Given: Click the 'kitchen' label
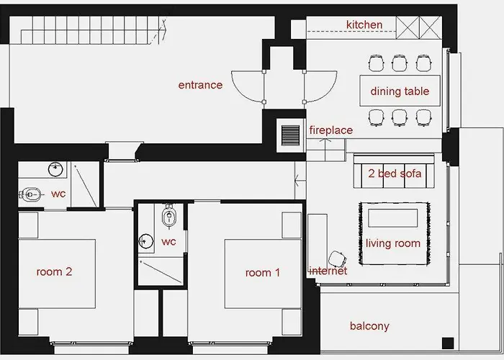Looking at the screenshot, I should click(364, 25).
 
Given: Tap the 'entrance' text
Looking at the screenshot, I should click(200, 85).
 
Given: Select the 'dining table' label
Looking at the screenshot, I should click(400, 91).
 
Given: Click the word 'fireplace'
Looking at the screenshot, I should click(330, 130).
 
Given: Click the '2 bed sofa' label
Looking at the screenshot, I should click(394, 174).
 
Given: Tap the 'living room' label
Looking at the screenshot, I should click(392, 243).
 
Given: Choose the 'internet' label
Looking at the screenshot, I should click(328, 271).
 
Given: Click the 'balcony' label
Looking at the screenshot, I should click(369, 326).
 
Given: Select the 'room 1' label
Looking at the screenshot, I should click(263, 272).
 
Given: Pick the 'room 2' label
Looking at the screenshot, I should click(54, 272).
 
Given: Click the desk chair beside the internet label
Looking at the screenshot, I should click(336, 258).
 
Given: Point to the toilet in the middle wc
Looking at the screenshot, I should click(169, 215).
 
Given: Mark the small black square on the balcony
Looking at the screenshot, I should click(448, 342).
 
